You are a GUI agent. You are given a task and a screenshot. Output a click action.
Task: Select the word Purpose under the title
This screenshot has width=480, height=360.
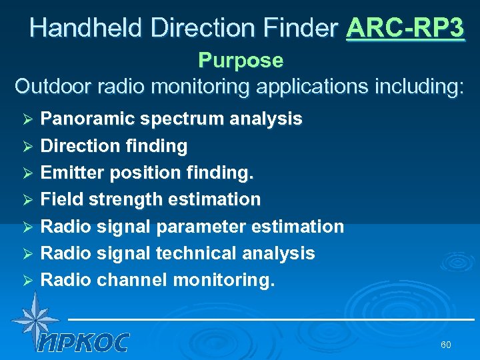(x=241, y=61)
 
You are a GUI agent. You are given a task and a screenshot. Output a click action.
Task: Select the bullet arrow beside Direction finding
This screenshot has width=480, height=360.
(x=28, y=146)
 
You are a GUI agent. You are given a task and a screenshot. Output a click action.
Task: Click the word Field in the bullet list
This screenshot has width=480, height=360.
(x=58, y=199)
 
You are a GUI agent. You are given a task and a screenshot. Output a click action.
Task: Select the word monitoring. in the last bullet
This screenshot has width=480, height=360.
(x=223, y=280)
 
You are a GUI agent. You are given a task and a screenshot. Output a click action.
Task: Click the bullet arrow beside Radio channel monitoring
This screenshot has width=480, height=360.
(x=28, y=281)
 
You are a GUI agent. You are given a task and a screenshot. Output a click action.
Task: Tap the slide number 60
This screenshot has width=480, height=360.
(x=446, y=345)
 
